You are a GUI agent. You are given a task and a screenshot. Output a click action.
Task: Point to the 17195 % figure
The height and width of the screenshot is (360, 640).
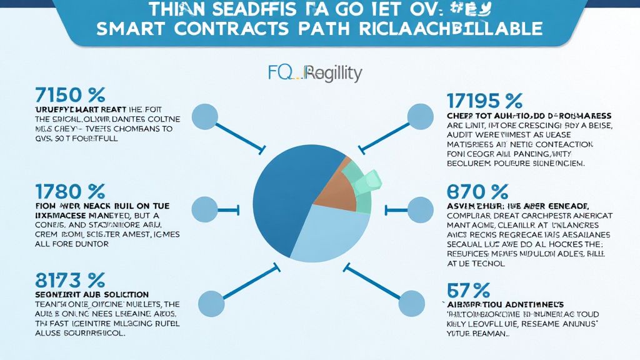(x=484, y=101)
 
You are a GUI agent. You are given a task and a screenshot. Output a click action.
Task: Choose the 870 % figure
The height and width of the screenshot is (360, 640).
(x=479, y=190)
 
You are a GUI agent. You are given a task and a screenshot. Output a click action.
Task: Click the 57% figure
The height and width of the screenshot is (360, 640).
(x=468, y=289)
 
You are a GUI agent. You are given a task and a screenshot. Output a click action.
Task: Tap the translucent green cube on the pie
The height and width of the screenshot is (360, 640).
(x=368, y=181)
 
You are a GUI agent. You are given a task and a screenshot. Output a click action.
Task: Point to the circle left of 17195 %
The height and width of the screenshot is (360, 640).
(x=419, y=116)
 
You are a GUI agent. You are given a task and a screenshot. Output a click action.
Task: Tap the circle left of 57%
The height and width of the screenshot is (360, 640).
(x=412, y=302)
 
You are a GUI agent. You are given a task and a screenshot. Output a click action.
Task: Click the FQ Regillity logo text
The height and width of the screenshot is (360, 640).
(x=315, y=74)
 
